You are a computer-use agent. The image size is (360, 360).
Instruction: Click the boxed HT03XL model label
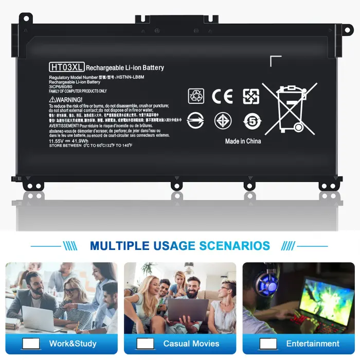[66, 67]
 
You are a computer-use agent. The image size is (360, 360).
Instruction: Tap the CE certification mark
[222, 96]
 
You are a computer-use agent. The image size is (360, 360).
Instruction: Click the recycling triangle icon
[196, 96]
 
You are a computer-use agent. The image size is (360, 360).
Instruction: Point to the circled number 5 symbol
[252, 121]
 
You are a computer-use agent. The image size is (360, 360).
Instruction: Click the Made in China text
[243, 141]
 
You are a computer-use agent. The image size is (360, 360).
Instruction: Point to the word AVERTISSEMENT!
[64, 125]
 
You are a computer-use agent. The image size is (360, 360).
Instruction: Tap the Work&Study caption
[73, 344]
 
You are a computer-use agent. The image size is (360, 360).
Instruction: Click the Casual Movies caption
[191, 344]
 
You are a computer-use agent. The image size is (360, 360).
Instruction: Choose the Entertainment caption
[313, 344]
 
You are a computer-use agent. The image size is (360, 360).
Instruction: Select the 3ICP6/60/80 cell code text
[61, 86]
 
